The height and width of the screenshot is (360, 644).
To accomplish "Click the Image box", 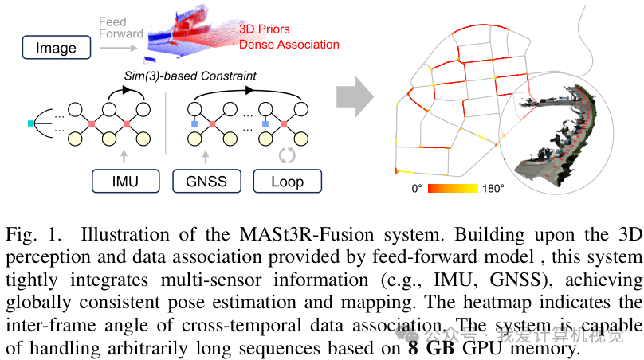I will coord(55,49).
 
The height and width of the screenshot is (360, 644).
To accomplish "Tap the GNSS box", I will coord(206,181).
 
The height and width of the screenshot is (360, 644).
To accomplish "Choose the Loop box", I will coord(288,181).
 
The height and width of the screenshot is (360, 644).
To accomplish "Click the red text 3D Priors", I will coord(266,29).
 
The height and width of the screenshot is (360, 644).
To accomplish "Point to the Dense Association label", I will coord(289,45).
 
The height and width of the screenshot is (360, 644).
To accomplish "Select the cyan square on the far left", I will coord(31,123).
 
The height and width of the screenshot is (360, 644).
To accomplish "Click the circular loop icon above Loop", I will coord(287,155).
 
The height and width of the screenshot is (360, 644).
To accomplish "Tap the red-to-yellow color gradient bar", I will coord(453,189).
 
